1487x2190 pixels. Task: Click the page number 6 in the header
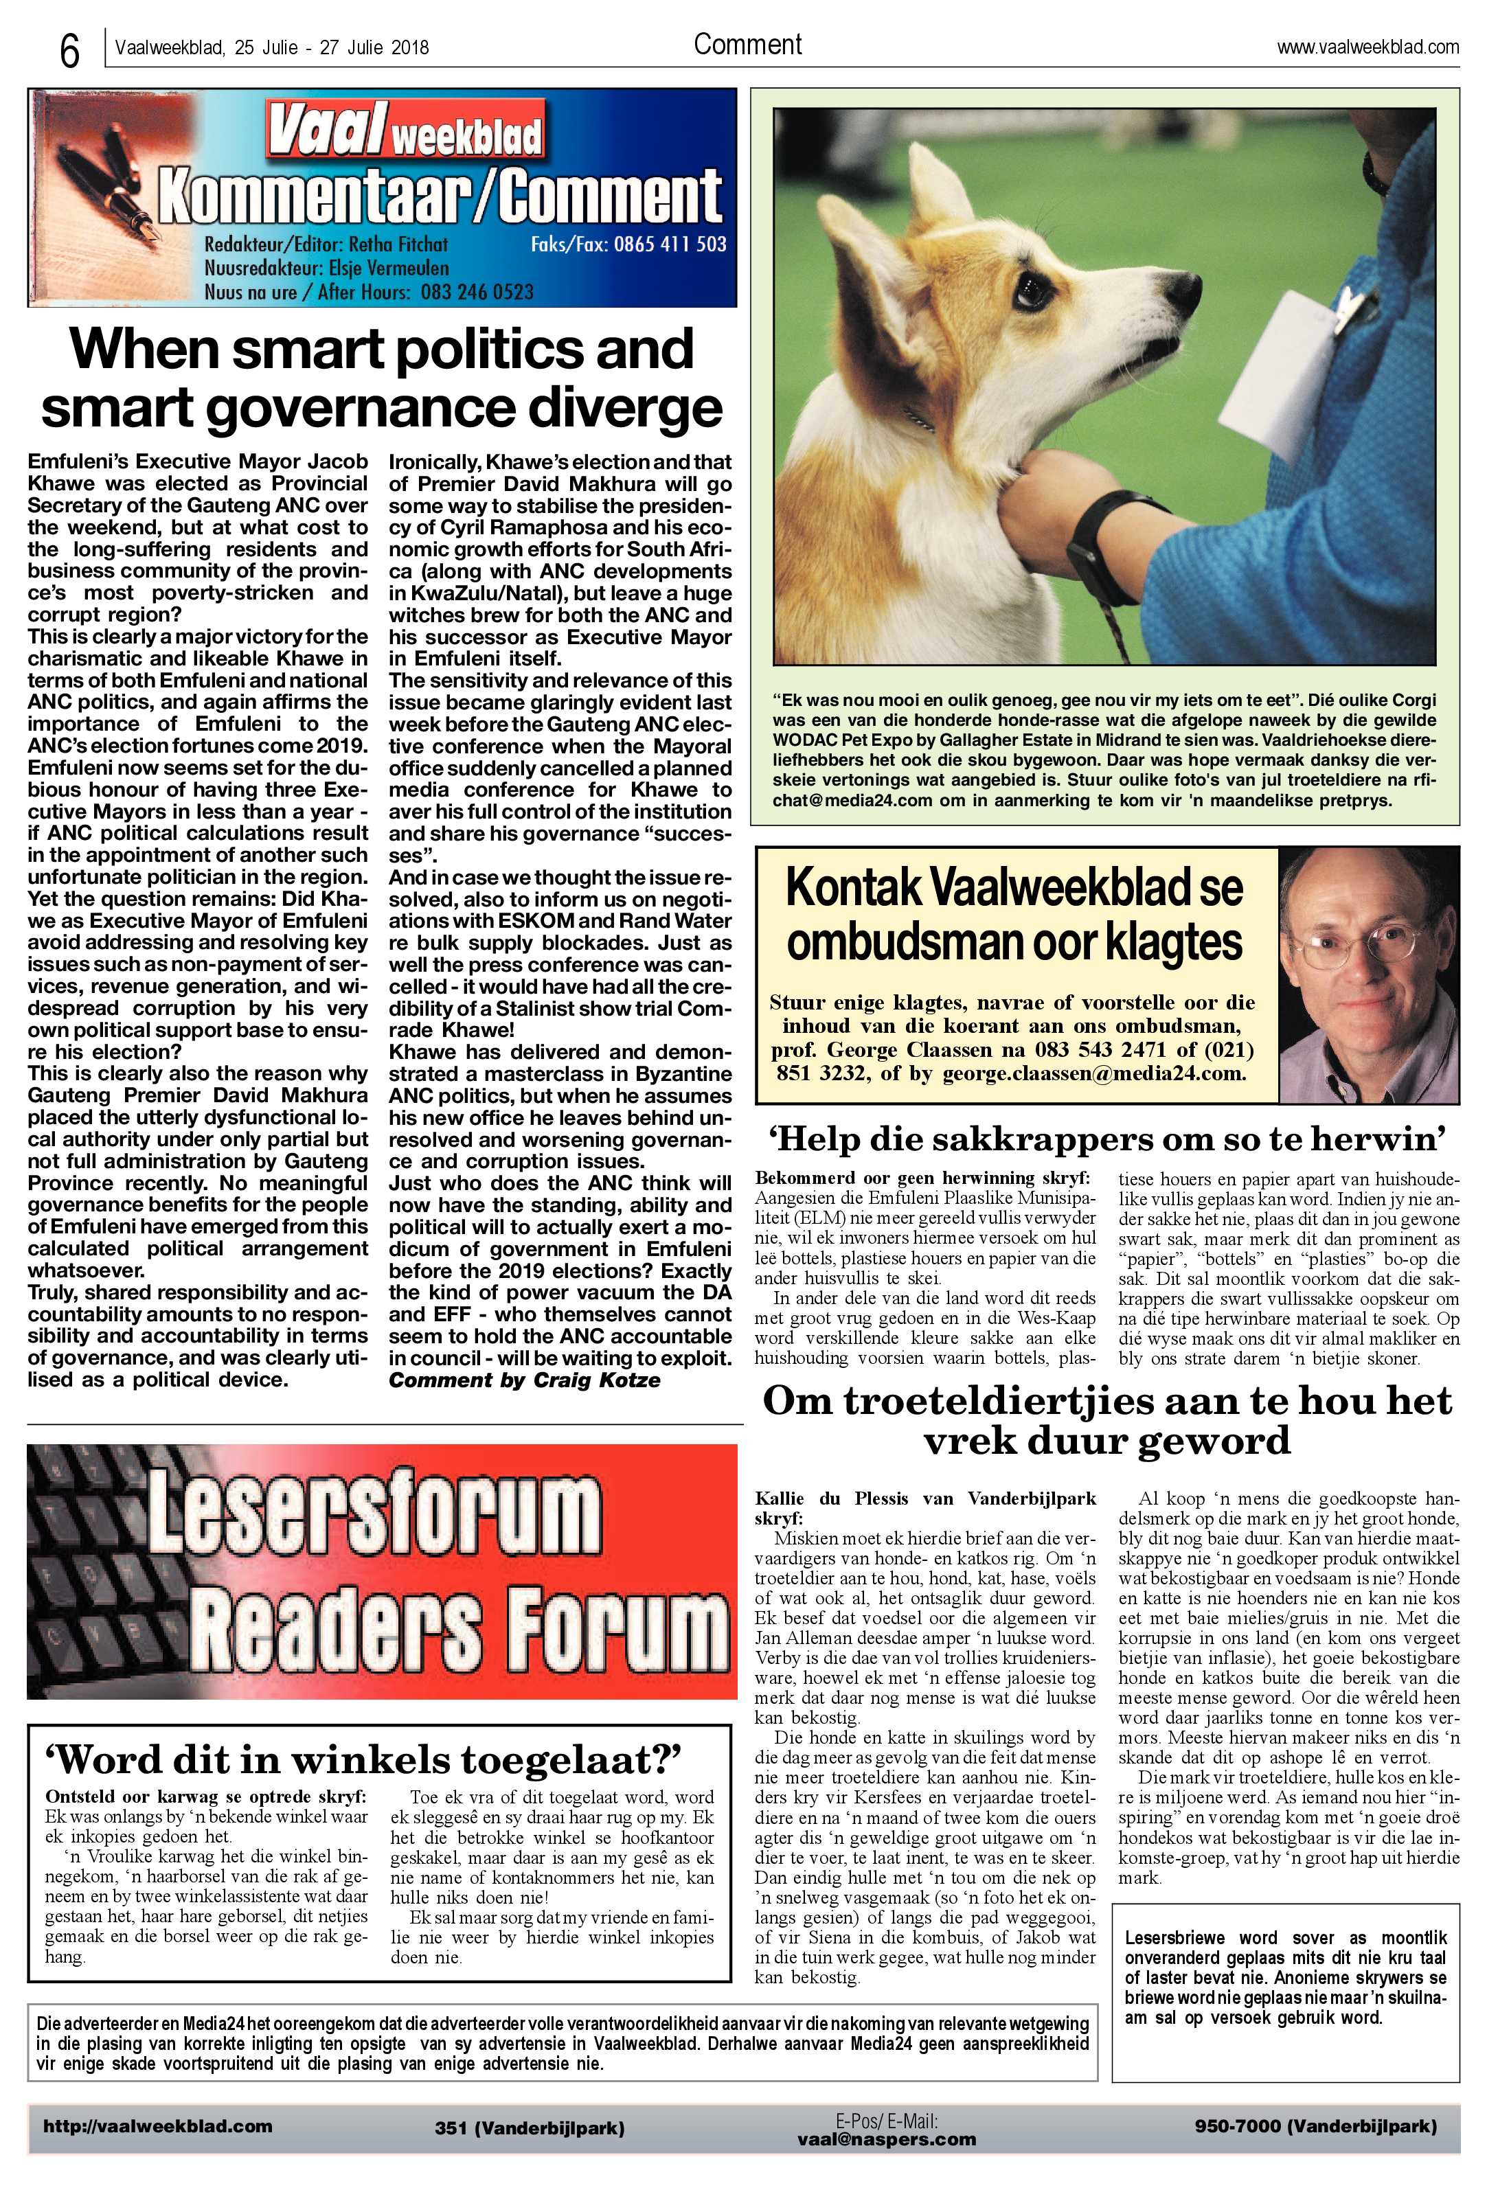coord(69,52)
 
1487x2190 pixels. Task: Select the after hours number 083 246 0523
coord(477,291)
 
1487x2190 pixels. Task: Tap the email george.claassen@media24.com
coord(1094,1073)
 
